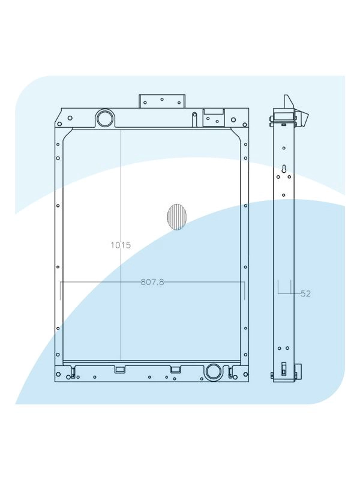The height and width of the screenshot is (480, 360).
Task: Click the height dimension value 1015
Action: pos(121,245)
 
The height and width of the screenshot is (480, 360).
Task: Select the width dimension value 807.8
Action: pos(152,281)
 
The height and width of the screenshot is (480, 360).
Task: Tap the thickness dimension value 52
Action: pos(305,294)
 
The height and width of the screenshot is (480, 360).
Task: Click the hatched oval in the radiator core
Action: pos(176,217)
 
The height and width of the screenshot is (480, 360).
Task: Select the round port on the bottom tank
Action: pos(212,372)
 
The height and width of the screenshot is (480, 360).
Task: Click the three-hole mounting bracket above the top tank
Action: pos(162,101)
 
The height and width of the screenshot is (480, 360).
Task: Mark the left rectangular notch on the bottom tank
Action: pos(119,368)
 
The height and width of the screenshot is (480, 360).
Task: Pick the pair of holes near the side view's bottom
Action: pos(284,348)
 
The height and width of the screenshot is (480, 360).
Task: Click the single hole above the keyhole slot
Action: pos(284,148)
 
